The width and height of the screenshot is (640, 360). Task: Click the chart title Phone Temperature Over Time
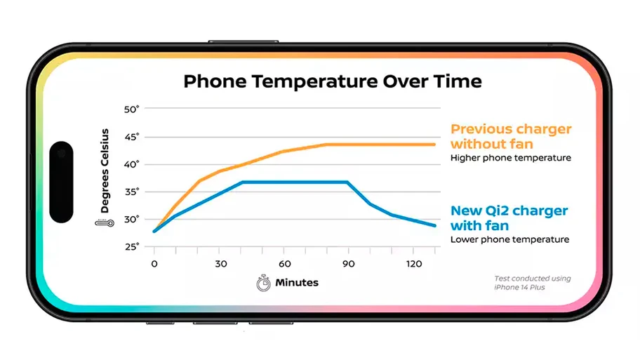[x=332, y=81]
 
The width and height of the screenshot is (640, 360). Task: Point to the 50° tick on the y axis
[x=131, y=109]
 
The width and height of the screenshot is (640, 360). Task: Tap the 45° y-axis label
[x=131, y=137]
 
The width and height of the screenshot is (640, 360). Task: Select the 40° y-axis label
[x=131, y=164]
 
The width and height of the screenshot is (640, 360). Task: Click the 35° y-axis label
[x=131, y=192]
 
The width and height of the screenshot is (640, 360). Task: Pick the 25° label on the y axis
[x=131, y=246]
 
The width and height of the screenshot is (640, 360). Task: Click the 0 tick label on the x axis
[x=154, y=264]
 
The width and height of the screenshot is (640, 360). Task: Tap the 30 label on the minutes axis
[x=221, y=264]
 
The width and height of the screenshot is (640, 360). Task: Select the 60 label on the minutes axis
[x=284, y=264]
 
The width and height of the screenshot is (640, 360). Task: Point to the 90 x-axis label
[x=349, y=264]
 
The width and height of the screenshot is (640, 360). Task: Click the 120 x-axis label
[x=414, y=264]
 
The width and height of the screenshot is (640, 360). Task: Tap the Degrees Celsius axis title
[x=105, y=171]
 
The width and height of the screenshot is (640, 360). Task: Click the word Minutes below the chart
[x=297, y=282]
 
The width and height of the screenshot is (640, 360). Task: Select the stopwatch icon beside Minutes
[x=263, y=283]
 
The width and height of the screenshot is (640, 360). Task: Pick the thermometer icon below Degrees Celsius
[x=105, y=223]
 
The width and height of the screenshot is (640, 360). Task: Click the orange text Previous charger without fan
[x=511, y=136]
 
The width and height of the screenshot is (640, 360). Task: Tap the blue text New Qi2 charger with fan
[x=509, y=218]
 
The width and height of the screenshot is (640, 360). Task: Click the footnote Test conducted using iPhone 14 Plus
[x=532, y=283]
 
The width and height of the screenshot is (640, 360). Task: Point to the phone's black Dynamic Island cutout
[x=61, y=182]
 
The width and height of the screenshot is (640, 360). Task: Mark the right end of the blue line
[x=435, y=225]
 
